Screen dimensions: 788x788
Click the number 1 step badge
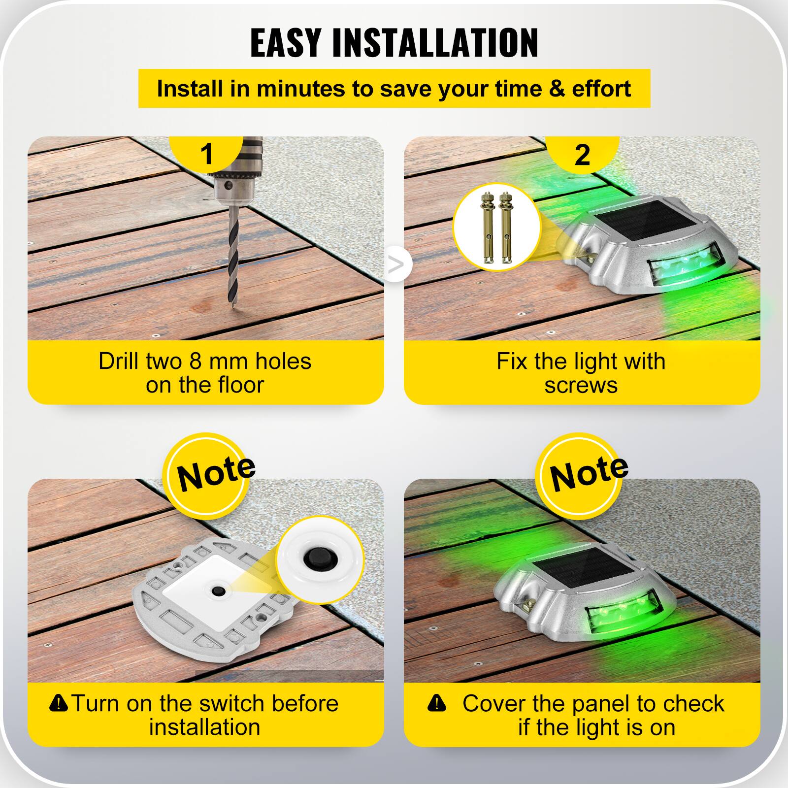tap(207, 154)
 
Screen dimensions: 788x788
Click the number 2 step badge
tap(582, 155)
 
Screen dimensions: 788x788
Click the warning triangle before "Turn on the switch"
tap(59, 703)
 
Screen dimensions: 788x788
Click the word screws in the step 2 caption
tap(581, 385)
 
